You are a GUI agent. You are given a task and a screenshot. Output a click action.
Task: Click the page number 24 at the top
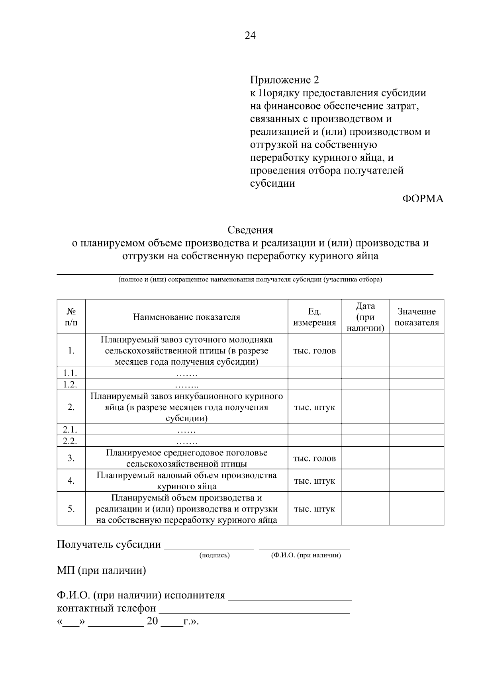250,36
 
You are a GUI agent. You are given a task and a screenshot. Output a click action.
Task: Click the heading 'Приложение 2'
284,80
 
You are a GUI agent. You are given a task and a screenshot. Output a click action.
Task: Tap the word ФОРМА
423,199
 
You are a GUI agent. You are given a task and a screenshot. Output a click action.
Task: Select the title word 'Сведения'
250,230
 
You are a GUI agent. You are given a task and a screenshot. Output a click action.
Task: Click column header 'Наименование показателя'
186,317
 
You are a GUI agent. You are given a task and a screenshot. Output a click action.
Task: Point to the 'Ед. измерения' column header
314,317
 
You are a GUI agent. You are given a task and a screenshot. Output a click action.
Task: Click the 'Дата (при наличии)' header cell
365,317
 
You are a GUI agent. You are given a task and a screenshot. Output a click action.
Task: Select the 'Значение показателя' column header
417,317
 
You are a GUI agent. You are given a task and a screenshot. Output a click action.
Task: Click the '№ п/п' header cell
71,317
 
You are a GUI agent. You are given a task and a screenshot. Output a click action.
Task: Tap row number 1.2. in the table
71,384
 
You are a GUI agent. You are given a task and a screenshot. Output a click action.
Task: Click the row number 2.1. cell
71,430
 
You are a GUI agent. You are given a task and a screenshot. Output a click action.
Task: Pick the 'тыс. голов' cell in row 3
314,458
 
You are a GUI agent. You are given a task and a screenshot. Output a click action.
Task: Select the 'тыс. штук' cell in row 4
314,481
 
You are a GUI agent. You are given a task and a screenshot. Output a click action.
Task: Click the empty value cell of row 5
417,509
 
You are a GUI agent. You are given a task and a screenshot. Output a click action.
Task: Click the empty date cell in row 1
365,350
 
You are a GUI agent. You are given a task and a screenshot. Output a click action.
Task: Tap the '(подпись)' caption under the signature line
214,555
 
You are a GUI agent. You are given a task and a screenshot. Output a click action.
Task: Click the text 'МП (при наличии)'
102,570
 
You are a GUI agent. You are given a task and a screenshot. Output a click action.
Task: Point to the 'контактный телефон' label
107,608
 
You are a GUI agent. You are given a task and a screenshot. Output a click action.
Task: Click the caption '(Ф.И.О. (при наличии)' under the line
306,555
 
